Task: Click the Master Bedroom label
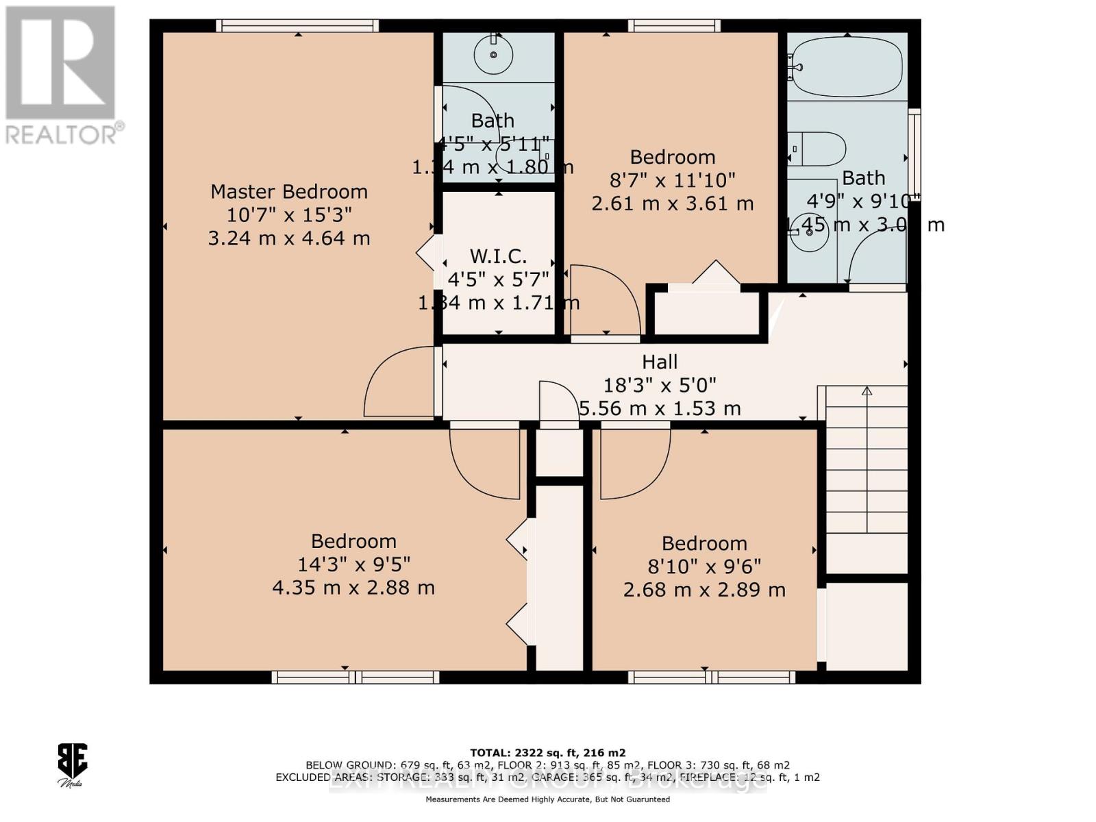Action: [288, 191]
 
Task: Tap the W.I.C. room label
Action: [498, 256]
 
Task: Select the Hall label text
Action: [660, 362]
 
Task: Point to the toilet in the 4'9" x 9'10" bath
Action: [817, 149]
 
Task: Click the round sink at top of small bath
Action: [493, 54]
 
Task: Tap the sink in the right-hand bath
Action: [809, 232]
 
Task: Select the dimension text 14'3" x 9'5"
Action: [353, 564]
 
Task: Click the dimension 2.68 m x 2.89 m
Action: [704, 590]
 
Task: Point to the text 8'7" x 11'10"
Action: [672, 180]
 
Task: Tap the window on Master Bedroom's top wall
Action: [297, 26]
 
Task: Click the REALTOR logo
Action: [62, 75]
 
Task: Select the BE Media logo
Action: [72, 764]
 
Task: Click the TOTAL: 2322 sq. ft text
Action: [547, 752]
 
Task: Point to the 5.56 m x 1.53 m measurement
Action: [660, 409]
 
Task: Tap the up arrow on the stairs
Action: [867, 391]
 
